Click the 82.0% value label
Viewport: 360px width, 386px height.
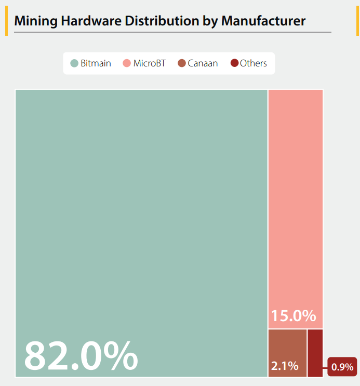pyautogui.click(x=81, y=356)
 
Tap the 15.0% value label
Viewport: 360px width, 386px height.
pyautogui.click(x=294, y=315)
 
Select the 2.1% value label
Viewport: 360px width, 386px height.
pyautogui.click(x=285, y=366)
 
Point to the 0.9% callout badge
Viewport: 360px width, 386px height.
pyautogui.click(x=342, y=367)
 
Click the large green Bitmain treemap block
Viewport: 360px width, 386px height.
pyautogui.click(x=141, y=208)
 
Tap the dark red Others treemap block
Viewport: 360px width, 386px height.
pyautogui.click(x=315, y=353)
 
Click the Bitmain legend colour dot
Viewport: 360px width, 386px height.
pyautogui.click(x=74, y=63)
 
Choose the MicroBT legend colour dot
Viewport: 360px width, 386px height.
pyautogui.click(x=127, y=63)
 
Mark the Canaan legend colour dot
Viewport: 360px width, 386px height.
pyautogui.click(x=181, y=63)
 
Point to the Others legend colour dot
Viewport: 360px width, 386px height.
pyautogui.click(x=234, y=63)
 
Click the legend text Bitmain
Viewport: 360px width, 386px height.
pyautogui.click(x=96, y=63)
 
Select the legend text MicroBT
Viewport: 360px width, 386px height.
pyautogui.click(x=149, y=63)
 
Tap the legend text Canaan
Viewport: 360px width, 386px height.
pyautogui.click(x=203, y=63)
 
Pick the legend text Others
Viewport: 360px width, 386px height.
pyautogui.click(x=254, y=63)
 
